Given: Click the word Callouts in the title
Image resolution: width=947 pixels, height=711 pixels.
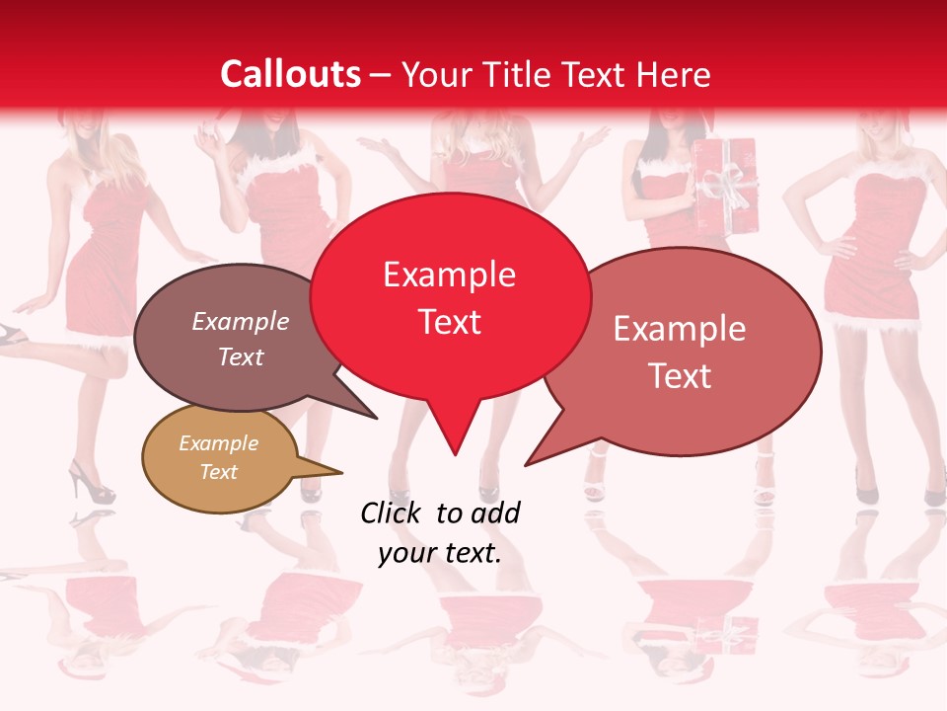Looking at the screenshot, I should point(290,74).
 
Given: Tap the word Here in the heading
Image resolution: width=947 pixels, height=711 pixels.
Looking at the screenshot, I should point(674,74).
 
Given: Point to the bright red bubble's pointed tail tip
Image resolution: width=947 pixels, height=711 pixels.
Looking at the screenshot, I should point(455,454).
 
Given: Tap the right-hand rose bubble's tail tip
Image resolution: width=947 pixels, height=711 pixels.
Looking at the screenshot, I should point(526,464).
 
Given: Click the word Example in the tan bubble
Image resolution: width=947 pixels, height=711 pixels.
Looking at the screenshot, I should point(218,443).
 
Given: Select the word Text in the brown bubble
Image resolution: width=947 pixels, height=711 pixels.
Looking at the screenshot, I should point(241,357).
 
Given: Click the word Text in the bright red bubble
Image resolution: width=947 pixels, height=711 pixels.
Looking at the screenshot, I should point(450,322).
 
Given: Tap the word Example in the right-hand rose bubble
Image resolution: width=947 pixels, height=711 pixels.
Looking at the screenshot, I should point(679,329).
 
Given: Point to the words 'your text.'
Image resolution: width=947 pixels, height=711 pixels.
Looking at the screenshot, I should point(439,553).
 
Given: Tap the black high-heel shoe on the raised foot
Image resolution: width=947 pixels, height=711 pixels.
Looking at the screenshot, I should point(12,336).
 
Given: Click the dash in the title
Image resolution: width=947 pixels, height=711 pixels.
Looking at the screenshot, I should point(382,75).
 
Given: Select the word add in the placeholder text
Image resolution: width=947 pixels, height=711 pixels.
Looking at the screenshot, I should point(495,513).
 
